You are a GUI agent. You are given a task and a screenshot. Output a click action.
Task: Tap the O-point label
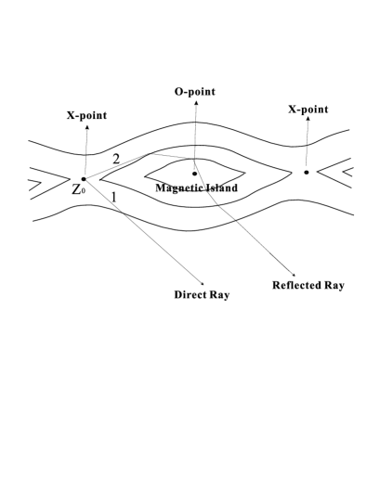[196, 94]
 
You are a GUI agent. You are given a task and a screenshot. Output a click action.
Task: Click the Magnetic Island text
[198, 188]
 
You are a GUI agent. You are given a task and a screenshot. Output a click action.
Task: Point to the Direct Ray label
[202, 295]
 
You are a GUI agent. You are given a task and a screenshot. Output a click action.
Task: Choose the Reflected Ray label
[308, 285]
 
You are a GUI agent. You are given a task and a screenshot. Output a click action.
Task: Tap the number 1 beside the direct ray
[113, 197]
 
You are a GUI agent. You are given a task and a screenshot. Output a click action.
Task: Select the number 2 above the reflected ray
[116, 160]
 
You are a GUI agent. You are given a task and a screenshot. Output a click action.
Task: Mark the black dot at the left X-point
[84, 178]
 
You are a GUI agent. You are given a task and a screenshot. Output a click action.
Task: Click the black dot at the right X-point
[306, 172]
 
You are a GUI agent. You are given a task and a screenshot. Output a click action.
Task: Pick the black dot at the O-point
[194, 173]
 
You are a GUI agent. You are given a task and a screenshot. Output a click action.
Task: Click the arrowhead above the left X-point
[86, 127]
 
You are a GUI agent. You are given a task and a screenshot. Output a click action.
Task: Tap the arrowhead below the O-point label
[196, 105]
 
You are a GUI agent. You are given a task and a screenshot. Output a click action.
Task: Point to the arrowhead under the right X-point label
[308, 122]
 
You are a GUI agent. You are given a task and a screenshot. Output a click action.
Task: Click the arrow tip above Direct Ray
[203, 282]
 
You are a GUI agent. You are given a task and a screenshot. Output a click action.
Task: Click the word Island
[220, 188]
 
